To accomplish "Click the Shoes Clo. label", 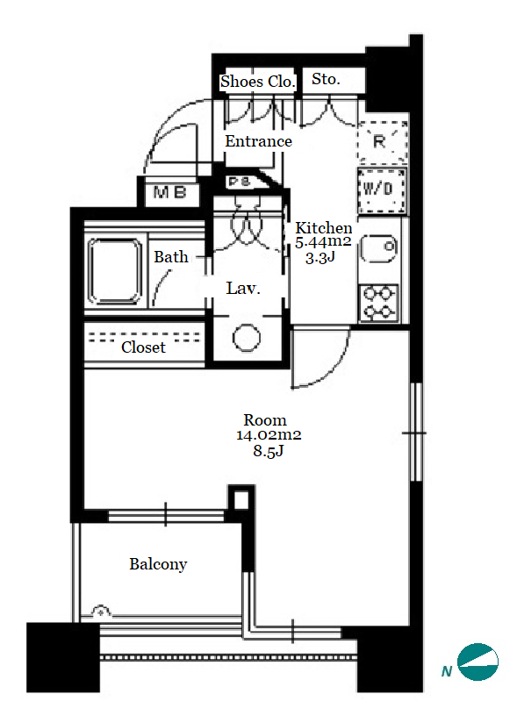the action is (257, 82).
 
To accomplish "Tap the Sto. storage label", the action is (326, 79).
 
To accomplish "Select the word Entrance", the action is (258, 141).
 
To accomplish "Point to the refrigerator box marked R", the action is (383, 142).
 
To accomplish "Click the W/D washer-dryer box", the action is (382, 190).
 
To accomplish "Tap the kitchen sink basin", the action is (378, 248).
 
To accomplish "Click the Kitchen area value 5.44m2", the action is (323, 241).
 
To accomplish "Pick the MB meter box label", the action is (169, 192).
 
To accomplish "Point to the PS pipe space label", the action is (240, 182).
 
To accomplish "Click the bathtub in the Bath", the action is (115, 271).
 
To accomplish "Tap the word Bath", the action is (170, 257).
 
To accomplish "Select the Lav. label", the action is (243, 288).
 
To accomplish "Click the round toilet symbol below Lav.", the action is (247, 338).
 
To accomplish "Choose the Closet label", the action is (143, 347).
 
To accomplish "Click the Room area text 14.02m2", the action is (269, 435).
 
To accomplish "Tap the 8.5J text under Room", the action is (268, 450).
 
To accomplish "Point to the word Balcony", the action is (158, 564).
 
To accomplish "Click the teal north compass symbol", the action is (478, 662).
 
